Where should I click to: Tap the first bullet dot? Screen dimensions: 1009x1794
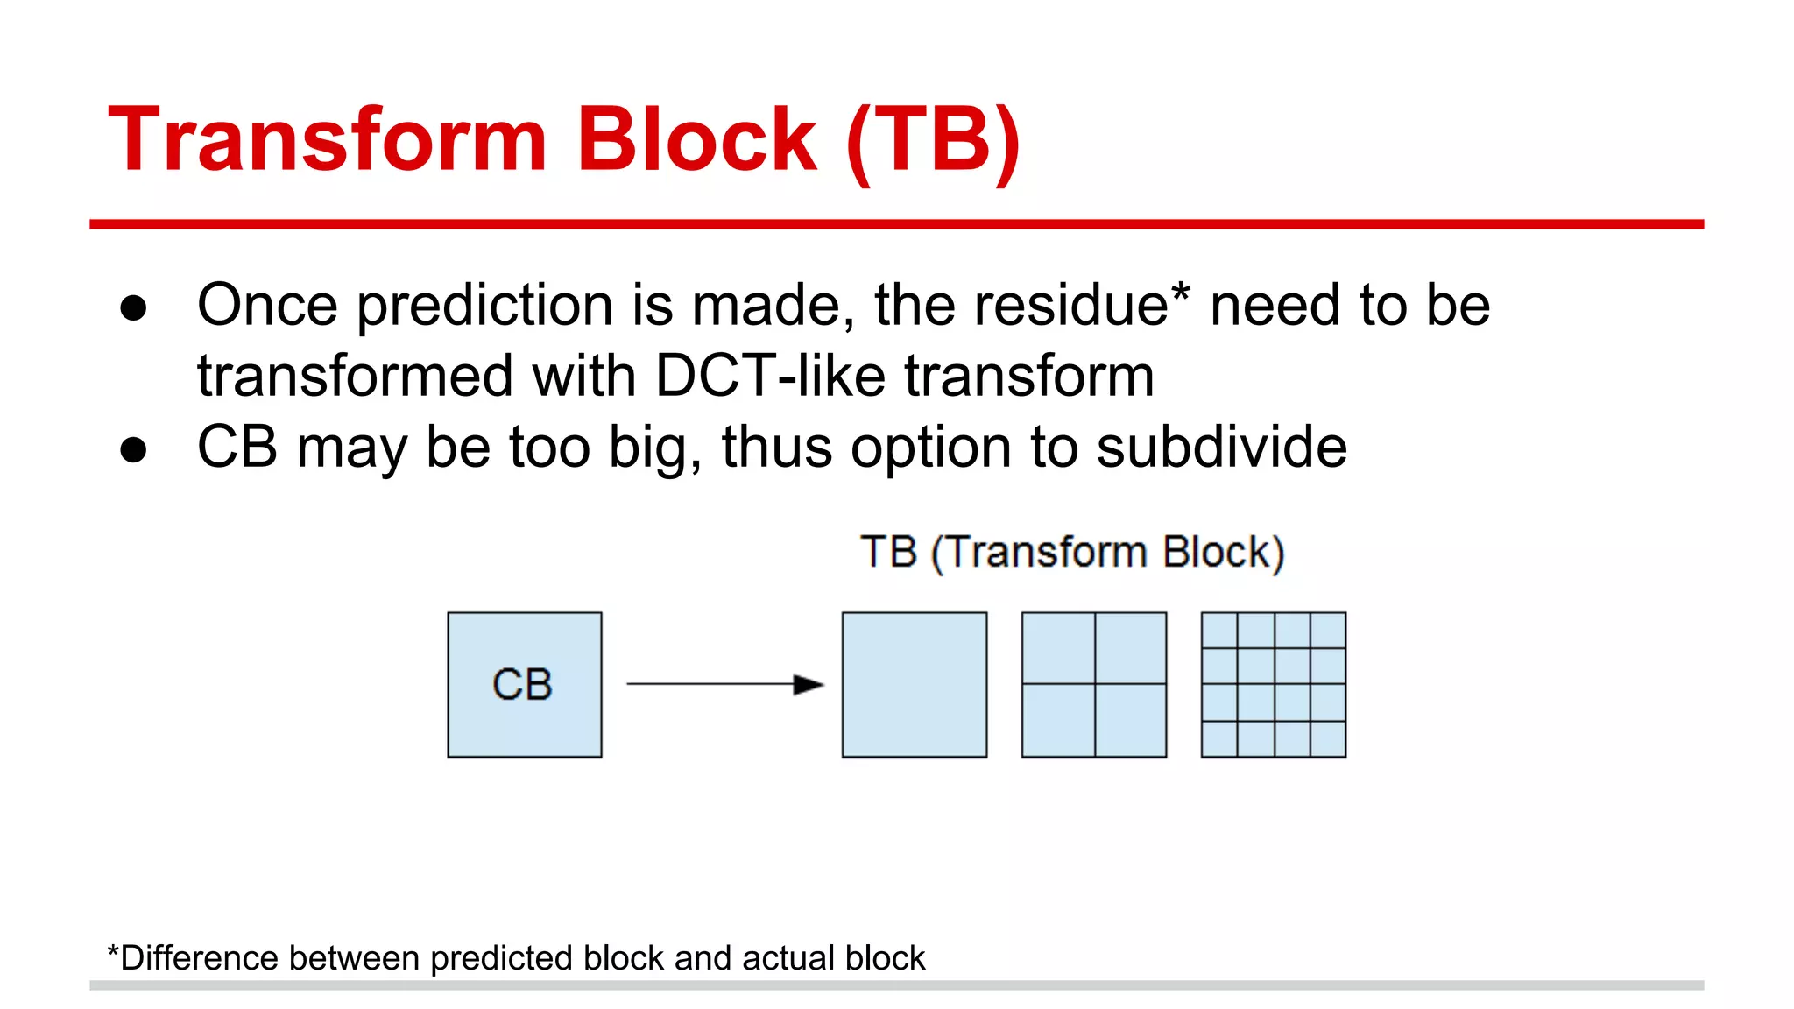(133, 308)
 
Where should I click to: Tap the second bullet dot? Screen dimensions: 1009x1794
(133, 450)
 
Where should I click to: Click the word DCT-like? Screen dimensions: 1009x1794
(771, 377)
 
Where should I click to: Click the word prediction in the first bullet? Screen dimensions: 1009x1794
(484, 307)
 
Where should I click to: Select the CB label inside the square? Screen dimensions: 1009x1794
(523, 684)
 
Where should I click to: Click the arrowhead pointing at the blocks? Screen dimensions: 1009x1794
(808, 684)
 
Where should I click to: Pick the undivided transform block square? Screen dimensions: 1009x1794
(914, 684)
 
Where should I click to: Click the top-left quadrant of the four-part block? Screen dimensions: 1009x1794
(1058, 648)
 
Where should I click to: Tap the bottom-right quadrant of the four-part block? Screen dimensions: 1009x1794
(1130, 720)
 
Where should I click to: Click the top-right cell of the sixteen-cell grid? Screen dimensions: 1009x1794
(1328, 630)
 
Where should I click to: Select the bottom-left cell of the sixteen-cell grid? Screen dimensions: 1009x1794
(1219, 738)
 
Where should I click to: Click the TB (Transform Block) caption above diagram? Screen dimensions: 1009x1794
(1072, 553)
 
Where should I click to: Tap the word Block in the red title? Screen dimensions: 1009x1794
(696, 140)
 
